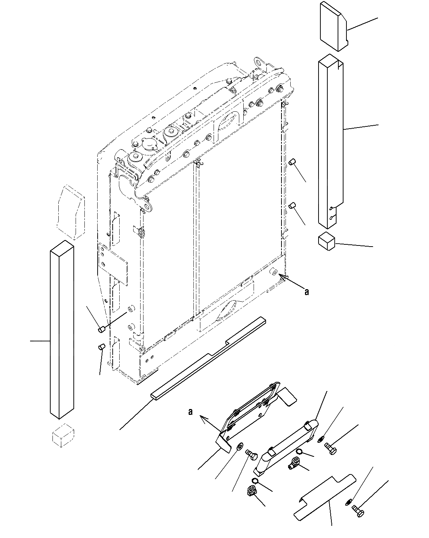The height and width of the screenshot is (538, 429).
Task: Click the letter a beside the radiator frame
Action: click(307, 292)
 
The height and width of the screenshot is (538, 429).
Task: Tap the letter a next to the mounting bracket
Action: click(190, 412)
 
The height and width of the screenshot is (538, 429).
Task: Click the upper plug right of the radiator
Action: click(292, 162)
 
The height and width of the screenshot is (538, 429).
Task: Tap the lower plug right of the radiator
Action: click(292, 206)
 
